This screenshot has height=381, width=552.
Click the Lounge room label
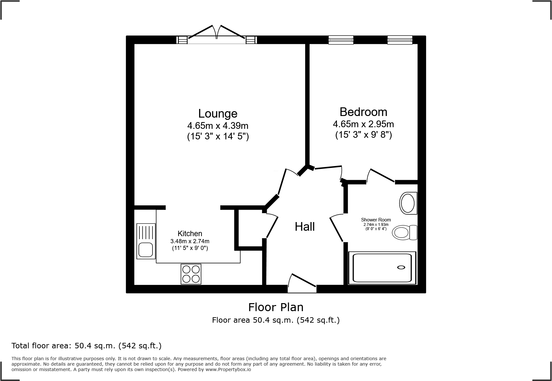(x=218, y=113)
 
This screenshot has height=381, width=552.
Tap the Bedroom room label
(x=363, y=112)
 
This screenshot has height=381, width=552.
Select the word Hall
(x=305, y=227)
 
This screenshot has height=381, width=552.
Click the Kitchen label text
(x=190, y=234)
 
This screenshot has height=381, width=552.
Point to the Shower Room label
(x=376, y=220)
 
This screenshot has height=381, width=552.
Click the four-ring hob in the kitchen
(x=191, y=274)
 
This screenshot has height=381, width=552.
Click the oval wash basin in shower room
(x=408, y=203)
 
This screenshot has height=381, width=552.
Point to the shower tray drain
(x=401, y=267)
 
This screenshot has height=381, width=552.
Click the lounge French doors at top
(x=217, y=35)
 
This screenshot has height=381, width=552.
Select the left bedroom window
(x=341, y=40)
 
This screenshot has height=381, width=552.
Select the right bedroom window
(x=400, y=40)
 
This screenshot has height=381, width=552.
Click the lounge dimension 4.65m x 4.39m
(x=218, y=125)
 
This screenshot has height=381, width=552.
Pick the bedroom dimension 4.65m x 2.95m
(x=363, y=124)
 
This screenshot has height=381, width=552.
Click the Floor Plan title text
(x=276, y=307)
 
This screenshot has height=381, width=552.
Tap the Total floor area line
(x=87, y=346)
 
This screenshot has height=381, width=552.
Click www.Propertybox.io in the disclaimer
(x=228, y=369)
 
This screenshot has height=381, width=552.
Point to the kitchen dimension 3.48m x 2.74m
(x=190, y=241)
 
